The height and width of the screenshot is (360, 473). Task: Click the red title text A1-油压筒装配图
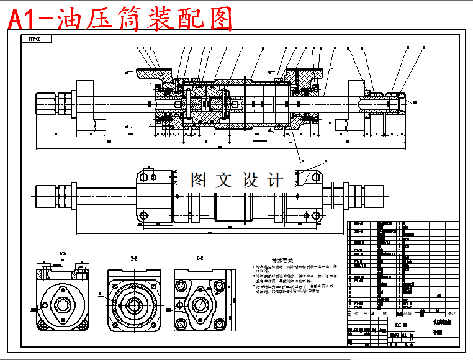[x=120, y=18]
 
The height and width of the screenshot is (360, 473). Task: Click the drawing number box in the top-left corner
[x=34, y=39]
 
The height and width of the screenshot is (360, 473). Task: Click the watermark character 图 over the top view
[x=199, y=181]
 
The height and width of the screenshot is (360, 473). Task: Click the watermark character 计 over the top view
[x=274, y=181]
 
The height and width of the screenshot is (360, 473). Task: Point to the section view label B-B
[x=133, y=257]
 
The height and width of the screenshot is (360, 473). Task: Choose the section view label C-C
[x=200, y=257]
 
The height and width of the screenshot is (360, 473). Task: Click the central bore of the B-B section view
[x=133, y=305]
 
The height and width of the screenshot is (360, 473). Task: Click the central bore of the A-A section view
[x=63, y=305]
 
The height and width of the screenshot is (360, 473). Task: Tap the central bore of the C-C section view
[x=200, y=305]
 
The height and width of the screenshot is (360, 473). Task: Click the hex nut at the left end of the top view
[x=46, y=196]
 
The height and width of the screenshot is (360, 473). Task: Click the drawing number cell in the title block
[x=400, y=325]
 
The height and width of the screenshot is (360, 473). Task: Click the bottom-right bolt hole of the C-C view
[x=218, y=324]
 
